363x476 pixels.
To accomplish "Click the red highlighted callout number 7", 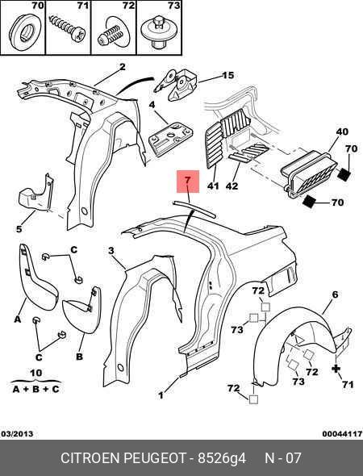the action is [x=188, y=182].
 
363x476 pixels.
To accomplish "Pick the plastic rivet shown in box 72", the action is [x=113, y=33].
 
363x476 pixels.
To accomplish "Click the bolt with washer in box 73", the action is [x=159, y=32].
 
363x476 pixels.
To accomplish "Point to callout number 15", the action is [x=228, y=75].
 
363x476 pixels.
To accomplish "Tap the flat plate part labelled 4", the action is [x=170, y=140].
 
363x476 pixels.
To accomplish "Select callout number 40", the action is [x=342, y=132].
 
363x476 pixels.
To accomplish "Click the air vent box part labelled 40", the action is [x=308, y=174].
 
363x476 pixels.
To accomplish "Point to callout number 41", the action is [x=213, y=186].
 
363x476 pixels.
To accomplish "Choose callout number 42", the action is [x=232, y=186].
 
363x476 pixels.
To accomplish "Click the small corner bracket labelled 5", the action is [x=35, y=194].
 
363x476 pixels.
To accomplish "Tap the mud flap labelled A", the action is [x=36, y=278].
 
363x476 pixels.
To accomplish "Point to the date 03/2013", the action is [x=17, y=434].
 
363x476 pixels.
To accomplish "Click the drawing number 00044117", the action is [x=342, y=434].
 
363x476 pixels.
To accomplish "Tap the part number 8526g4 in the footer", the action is [x=222, y=458].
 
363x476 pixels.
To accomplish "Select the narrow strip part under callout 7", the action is [x=194, y=209].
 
